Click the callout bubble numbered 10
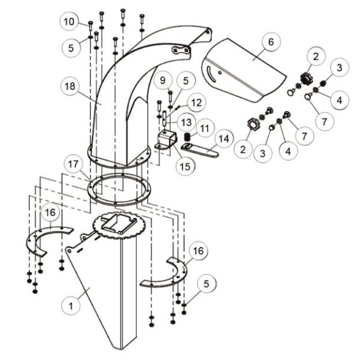(x=69, y=22)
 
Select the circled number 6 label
(x=271, y=42)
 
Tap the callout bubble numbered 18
(x=70, y=86)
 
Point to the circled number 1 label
(x=71, y=306)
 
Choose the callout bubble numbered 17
(x=73, y=164)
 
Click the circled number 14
(x=224, y=139)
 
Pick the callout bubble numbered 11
(x=205, y=128)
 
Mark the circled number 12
(x=196, y=103)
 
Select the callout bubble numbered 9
(x=163, y=80)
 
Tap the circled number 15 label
(x=185, y=166)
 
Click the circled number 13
(x=187, y=122)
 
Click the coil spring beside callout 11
(x=188, y=137)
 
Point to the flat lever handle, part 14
(x=200, y=150)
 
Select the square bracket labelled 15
(x=167, y=140)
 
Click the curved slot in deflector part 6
(x=211, y=74)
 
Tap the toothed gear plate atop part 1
(x=118, y=225)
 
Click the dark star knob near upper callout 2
(x=305, y=78)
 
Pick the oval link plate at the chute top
(x=181, y=50)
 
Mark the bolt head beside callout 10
(x=91, y=23)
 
